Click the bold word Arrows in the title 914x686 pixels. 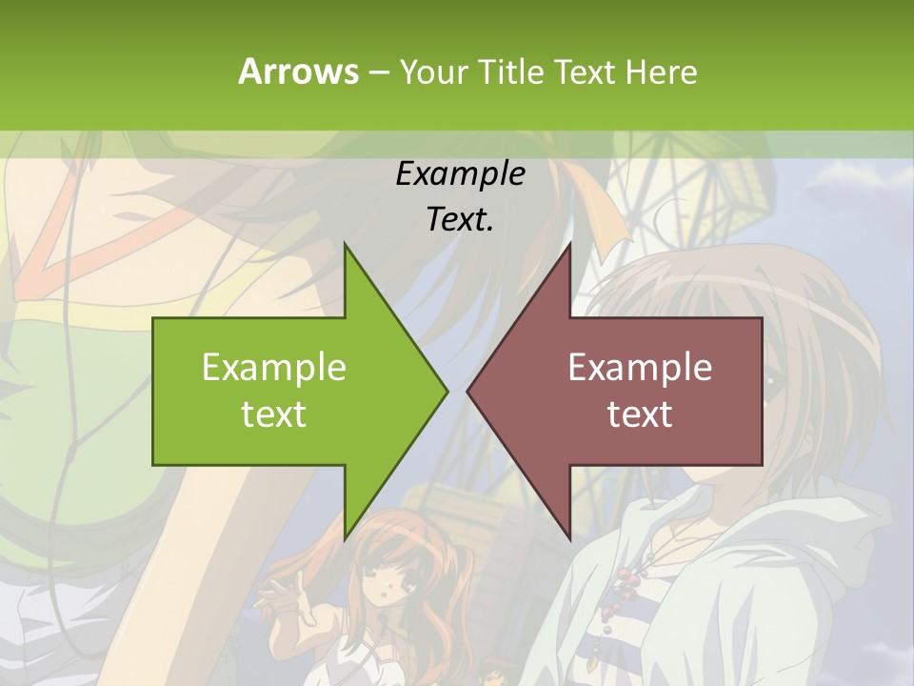tap(298, 71)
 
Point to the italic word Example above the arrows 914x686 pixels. tap(460, 174)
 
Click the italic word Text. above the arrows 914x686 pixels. tap(460, 220)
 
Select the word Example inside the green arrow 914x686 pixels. tap(273, 368)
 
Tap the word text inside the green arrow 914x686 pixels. tap(273, 414)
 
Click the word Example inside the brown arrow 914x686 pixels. tap(640, 368)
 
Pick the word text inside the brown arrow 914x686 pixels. tap(640, 414)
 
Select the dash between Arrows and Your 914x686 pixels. tap(377, 72)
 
